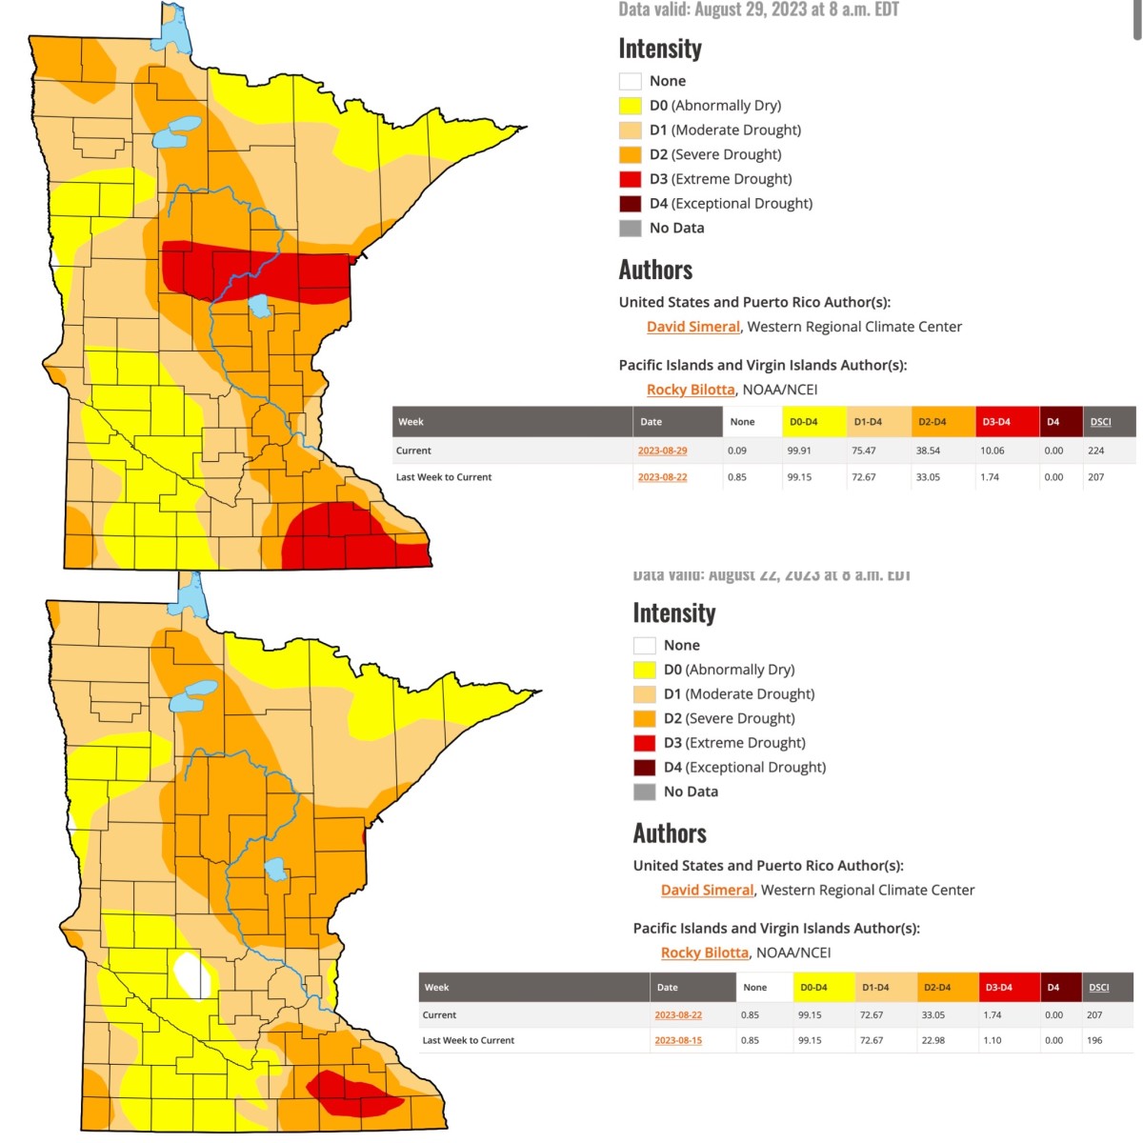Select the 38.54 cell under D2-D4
[928, 451]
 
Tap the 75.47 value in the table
[864, 451]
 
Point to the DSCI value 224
[1095, 451]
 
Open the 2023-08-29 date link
[662, 451]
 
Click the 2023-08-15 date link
[678, 1040]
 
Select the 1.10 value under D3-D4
[993, 1040]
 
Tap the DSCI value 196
[1094, 1040]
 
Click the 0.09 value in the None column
[736, 451]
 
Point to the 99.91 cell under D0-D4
[799, 451]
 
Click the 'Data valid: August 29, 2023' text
[758, 10]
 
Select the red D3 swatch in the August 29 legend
[630, 179]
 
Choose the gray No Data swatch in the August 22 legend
[644, 792]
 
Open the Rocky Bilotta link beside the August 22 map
[704, 952]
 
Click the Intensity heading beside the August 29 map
[660, 49]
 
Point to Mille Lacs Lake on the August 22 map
[275, 870]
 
